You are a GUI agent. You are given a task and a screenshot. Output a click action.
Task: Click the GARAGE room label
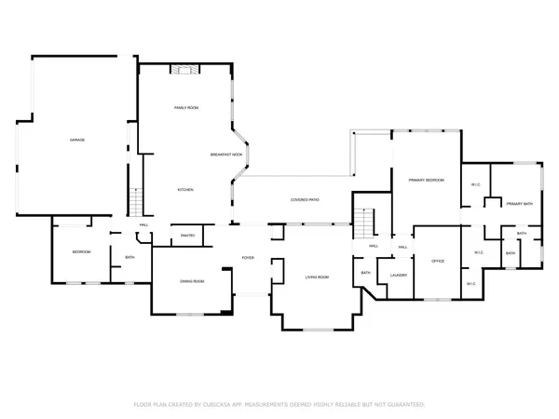[77, 140]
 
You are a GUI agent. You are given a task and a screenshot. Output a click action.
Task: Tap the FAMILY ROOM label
[186, 109]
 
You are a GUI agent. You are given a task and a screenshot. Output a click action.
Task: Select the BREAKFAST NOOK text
[226, 154]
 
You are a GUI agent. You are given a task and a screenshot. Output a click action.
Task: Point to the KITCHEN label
[185, 190]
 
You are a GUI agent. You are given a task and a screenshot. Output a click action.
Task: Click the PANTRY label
[186, 237]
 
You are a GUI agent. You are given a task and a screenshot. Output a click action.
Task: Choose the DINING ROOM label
[192, 280]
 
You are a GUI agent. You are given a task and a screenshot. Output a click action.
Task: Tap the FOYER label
[248, 258]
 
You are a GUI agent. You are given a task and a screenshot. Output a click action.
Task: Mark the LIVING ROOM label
[318, 277]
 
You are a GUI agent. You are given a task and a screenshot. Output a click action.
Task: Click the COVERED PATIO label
[305, 199]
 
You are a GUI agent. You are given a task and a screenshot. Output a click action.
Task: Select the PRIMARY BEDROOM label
[425, 180]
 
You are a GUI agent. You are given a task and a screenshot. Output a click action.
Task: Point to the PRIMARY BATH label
[519, 203]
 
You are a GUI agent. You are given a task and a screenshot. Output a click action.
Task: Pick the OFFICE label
[437, 261]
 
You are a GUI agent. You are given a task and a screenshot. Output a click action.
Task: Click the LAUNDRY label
[400, 276]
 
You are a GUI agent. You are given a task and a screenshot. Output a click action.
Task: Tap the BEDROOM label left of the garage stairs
[81, 252]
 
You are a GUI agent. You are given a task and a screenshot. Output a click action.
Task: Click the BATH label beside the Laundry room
[365, 273]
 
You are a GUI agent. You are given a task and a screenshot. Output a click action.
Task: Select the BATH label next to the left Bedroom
[130, 258]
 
